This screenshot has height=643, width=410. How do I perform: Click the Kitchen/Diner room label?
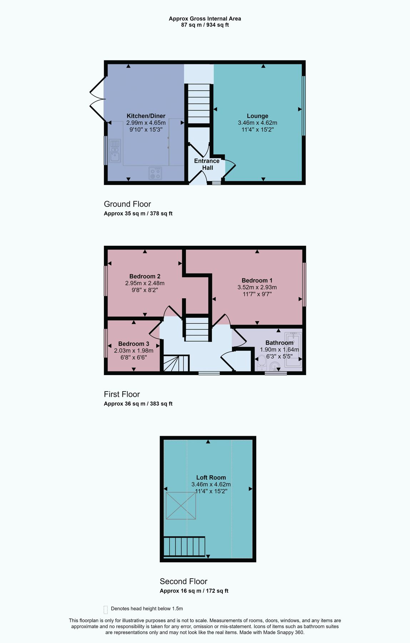(x=146, y=116)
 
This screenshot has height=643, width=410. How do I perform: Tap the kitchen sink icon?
(x=115, y=151)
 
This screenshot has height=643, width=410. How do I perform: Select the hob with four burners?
(x=155, y=173)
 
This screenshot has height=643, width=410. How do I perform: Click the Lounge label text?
(x=257, y=116)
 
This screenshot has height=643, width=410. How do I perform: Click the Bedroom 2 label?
(x=145, y=276)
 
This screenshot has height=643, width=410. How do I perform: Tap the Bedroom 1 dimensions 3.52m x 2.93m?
(x=257, y=287)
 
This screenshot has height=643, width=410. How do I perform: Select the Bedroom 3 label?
(x=133, y=344)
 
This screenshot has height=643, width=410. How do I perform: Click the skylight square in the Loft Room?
(x=181, y=505)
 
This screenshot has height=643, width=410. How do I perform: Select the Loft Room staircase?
(x=184, y=547)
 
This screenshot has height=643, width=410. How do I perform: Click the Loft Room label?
(x=211, y=477)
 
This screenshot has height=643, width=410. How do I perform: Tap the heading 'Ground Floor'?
(x=127, y=204)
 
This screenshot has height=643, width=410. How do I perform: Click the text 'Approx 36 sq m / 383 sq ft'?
(x=138, y=404)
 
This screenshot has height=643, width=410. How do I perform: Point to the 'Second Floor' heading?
(x=183, y=581)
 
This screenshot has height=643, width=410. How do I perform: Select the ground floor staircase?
(x=199, y=104)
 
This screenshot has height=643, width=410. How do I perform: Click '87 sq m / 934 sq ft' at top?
(x=205, y=25)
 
